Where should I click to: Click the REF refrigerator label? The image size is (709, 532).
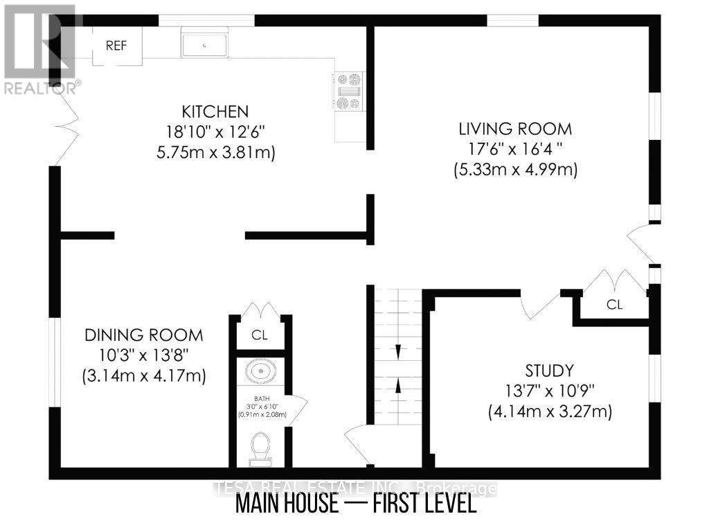pos(117,46)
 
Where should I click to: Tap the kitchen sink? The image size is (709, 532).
pos(205,44)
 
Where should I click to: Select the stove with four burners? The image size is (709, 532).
pos(348,91)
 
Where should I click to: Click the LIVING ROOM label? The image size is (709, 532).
pos(515,128)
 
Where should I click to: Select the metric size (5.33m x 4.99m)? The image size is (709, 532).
pos(515,169)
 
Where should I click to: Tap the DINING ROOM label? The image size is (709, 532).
pos(143,335)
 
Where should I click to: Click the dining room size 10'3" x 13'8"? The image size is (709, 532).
pos(144,355)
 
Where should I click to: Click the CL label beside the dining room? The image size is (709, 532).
pos(260,336)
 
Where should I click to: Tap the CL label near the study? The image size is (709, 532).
pos(614,304)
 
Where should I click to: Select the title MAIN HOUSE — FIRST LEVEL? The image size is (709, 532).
pos(356,504)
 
